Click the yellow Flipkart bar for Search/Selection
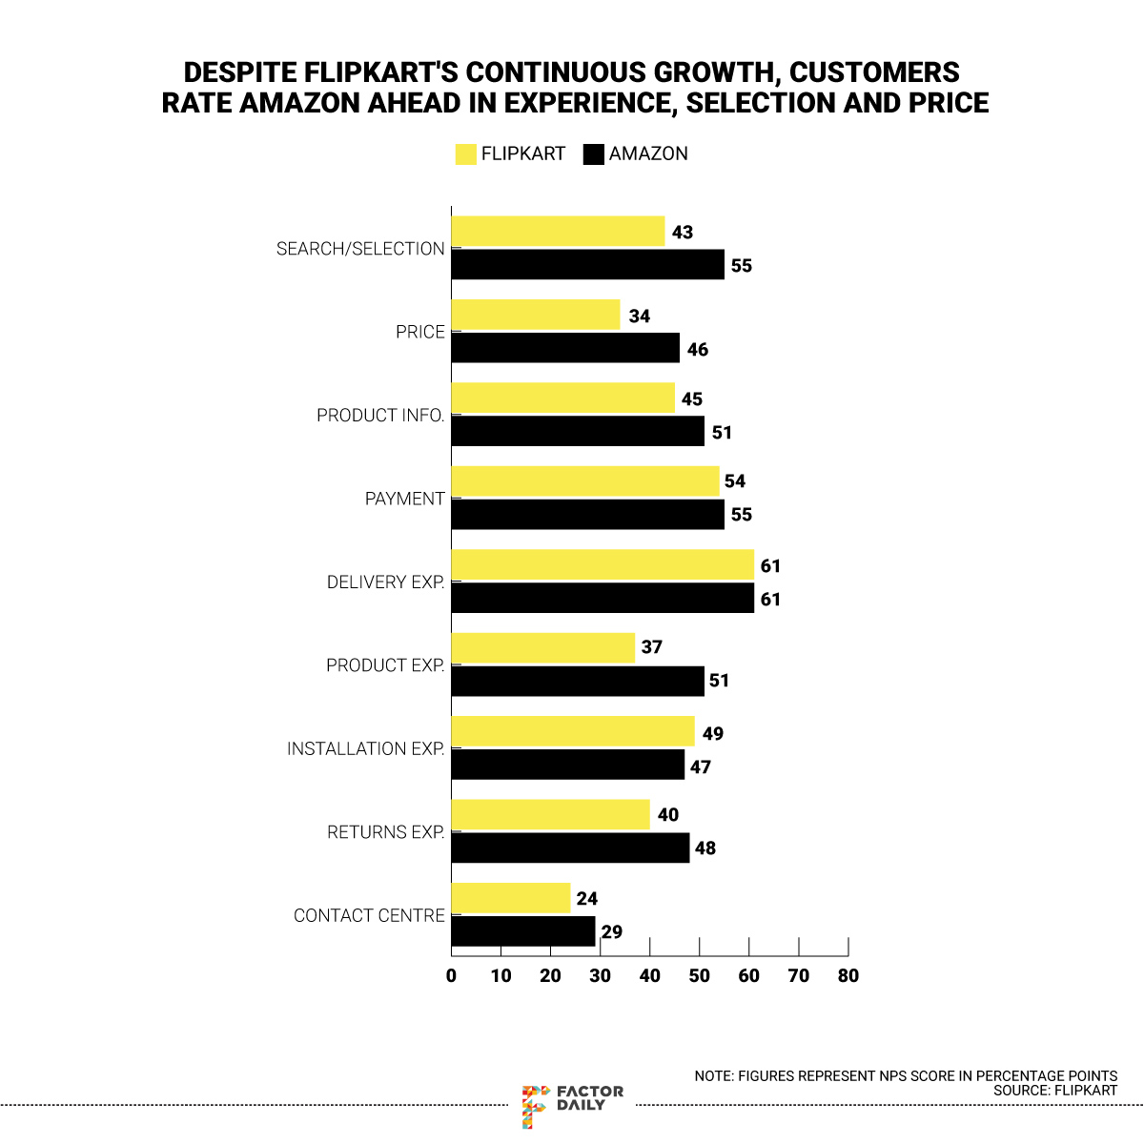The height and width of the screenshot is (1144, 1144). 558,232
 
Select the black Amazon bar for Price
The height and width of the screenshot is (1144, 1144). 565,348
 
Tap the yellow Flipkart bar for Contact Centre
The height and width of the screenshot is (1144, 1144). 510,898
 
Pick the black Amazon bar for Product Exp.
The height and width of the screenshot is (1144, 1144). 578,681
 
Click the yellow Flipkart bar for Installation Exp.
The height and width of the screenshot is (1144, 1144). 573,732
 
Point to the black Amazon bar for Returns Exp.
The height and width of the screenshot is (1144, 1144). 570,848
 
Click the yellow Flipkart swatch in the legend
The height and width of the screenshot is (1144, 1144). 465,154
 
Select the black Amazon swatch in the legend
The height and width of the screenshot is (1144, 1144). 593,154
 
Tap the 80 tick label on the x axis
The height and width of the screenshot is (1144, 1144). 848,975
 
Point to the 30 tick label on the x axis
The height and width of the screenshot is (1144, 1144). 600,975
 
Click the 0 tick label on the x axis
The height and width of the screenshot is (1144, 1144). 451,975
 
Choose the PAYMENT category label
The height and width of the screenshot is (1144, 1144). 404,499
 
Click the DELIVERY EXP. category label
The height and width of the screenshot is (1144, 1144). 385,582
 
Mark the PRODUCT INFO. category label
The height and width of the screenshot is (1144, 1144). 380,416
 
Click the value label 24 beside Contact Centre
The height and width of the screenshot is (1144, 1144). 587,899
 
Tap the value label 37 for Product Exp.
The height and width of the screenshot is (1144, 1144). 651,647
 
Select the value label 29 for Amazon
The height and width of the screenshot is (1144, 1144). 612,932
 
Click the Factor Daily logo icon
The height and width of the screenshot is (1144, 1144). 535,1105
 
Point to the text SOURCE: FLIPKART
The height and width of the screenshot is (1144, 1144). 1055,1090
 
